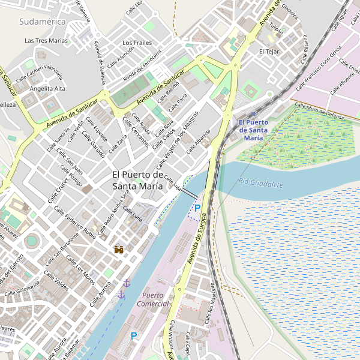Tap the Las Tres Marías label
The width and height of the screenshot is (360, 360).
point(46,41)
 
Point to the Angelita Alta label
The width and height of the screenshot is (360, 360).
point(47,88)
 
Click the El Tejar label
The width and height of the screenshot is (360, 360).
point(269,52)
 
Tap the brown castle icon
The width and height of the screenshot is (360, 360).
point(119,249)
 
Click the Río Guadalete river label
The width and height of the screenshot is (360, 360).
point(260,184)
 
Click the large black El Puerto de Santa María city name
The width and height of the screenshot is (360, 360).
point(138,180)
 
